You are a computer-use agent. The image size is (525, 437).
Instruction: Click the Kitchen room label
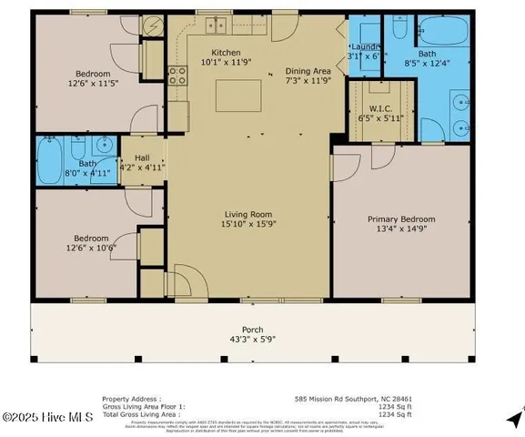(226, 53)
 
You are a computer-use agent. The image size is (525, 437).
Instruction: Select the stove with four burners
(177, 76)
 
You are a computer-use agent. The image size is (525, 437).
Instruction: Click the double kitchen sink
(216, 25)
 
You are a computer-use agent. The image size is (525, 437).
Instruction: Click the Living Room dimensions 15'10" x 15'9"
(248, 225)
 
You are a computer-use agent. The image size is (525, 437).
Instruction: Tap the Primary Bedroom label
(401, 219)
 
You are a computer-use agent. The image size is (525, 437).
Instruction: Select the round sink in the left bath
(105, 143)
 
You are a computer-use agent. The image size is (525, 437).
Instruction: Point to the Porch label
(252, 330)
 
